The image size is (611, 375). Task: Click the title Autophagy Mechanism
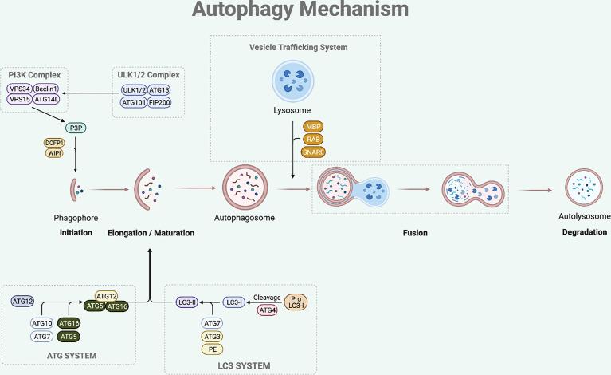(306, 10)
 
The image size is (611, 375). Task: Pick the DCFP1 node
(55, 142)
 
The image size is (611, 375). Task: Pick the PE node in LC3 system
(213, 349)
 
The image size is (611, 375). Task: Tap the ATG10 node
(42, 323)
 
